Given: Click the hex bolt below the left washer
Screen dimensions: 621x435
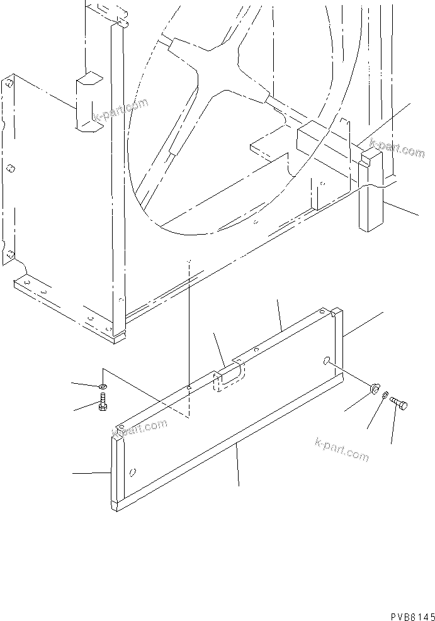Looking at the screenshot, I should [103, 403].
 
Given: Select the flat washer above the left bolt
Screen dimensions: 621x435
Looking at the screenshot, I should [103, 385].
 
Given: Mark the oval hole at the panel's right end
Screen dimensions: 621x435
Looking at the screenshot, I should [327, 360].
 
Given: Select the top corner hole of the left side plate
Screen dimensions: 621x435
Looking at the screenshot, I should [9, 84].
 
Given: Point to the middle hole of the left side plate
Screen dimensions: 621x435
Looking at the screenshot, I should [11, 169].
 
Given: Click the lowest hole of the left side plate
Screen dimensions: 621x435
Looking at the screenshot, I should [9, 254].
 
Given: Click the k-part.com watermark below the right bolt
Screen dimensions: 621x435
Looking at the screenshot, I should [341, 449].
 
